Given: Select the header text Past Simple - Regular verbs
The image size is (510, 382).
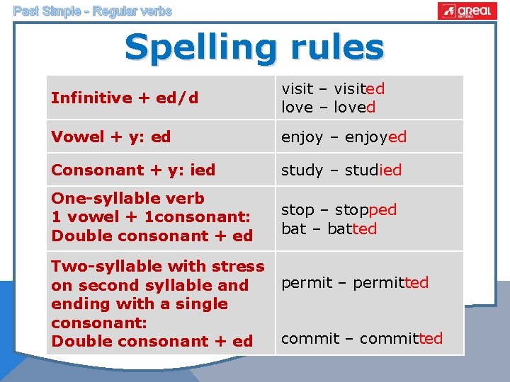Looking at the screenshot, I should (92, 11).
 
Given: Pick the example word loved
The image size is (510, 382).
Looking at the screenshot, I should (349, 108).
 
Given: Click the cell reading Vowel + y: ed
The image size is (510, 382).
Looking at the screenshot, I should (111, 137).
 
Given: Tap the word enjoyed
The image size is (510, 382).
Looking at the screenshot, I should (375, 137).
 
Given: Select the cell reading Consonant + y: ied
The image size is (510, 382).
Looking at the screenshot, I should (133, 170).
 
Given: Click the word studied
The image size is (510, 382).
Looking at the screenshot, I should (373, 170).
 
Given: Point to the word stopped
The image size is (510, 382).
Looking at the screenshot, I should (365, 210).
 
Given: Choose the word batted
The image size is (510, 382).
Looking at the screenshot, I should (352, 229).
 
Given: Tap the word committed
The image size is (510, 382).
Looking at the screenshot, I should (401, 339).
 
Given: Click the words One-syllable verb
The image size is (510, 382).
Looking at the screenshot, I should (127, 199).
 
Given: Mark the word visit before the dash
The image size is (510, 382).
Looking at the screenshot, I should (297, 89).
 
